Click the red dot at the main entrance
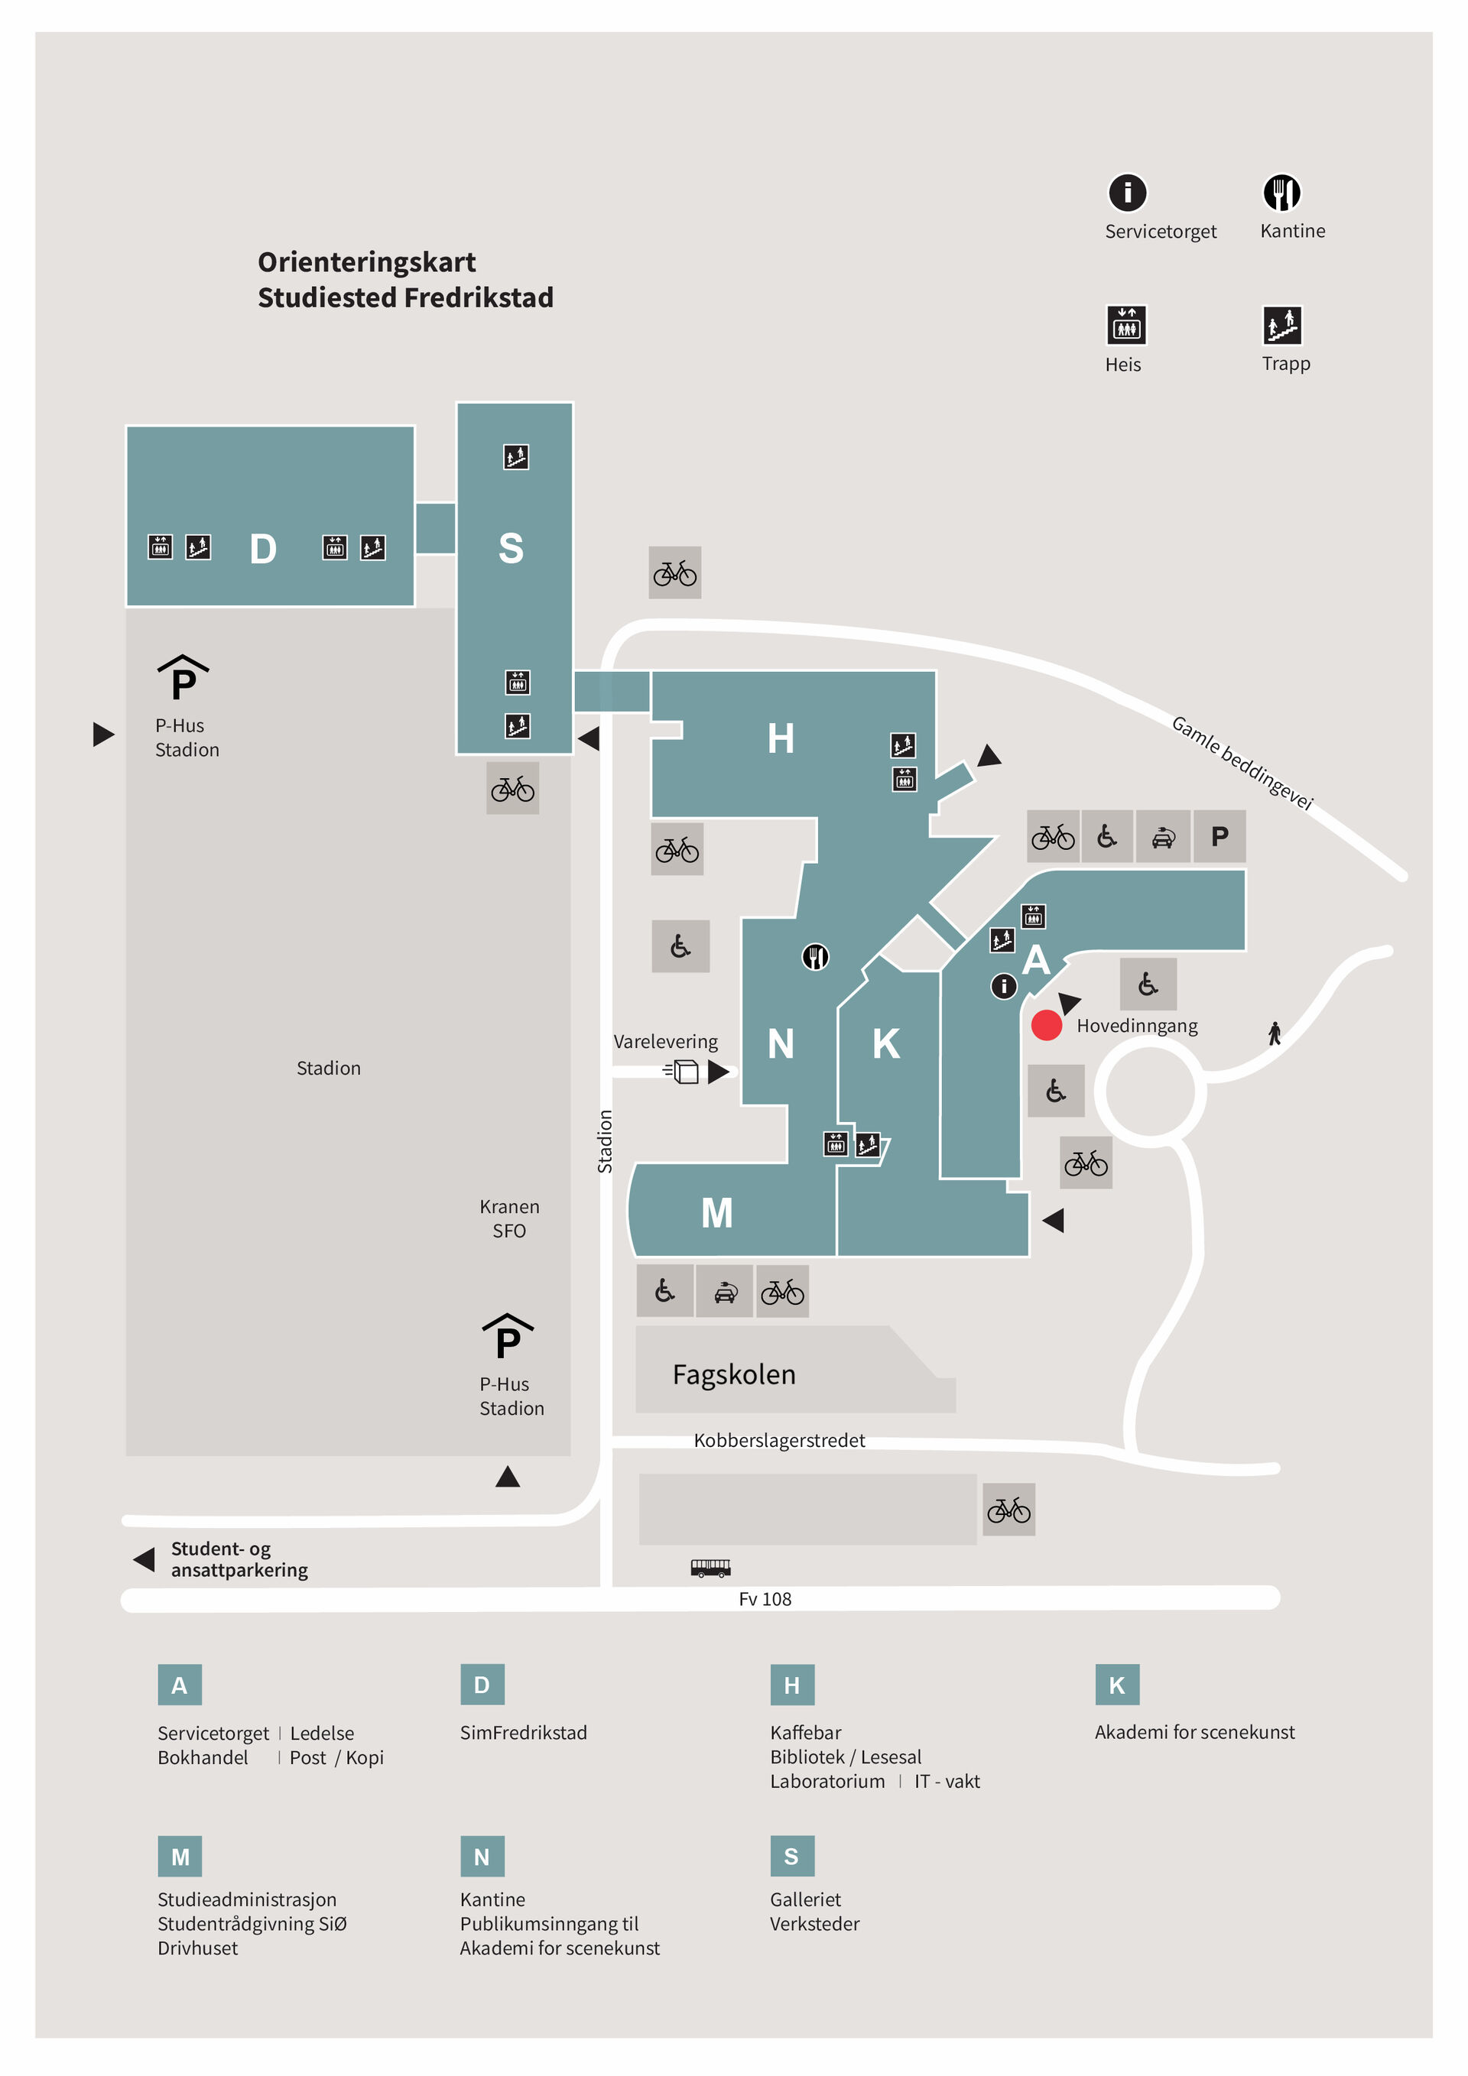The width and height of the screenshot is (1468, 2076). pos(1046,1025)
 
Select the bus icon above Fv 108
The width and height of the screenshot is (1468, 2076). pos(710,1568)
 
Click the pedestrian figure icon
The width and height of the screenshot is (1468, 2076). pos(1275,1033)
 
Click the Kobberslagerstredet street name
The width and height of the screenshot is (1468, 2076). pos(779,1440)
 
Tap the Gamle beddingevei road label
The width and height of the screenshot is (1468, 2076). pos(1241,762)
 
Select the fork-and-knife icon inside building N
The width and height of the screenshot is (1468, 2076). pos(815,957)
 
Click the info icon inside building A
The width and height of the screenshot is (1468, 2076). pos(1003,985)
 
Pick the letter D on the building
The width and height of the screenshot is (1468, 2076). pos(262,549)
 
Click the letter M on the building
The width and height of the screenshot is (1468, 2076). pos(716,1213)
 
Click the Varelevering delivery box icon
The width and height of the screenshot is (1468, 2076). pos(681,1072)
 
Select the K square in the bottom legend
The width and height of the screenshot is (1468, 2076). pos(1116,1685)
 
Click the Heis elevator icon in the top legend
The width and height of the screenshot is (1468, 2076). pos(1126,326)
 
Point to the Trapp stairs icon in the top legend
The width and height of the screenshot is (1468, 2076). pos(1281,326)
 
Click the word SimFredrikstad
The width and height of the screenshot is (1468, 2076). pos(523,1732)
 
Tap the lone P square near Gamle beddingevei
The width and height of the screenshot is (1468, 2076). pos(1220,836)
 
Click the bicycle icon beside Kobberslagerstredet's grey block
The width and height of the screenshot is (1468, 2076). pos(1008,1510)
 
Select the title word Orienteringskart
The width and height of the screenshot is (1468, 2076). pos(366,262)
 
